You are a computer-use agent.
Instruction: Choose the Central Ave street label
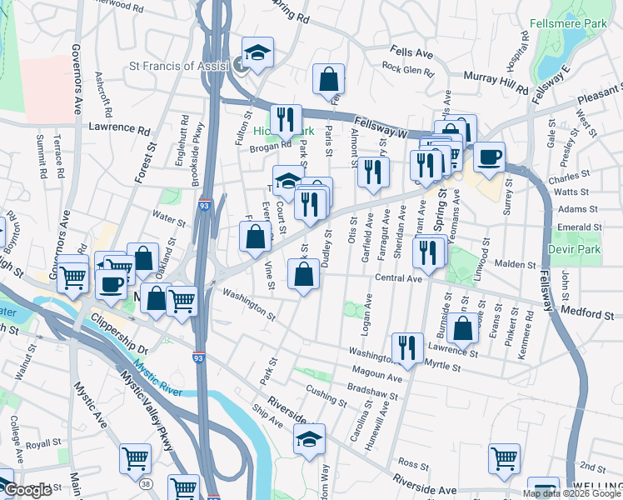coord(399,278)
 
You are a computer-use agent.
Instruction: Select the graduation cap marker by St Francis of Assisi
coord(258,52)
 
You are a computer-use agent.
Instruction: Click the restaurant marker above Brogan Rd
coord(285,118)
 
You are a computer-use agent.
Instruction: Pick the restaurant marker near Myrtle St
coord(406,347)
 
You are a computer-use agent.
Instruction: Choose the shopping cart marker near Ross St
coord(504,457)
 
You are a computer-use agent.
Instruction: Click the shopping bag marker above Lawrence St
coord(462,327)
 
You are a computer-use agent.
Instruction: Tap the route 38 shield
coord(147,482)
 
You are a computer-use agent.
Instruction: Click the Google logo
coord(27,491)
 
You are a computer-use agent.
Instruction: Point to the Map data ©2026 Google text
coord(571,493)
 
